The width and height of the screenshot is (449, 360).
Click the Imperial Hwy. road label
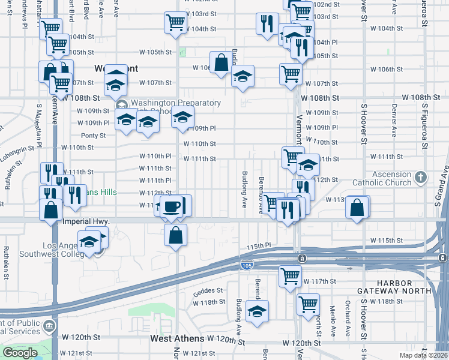[86, 221]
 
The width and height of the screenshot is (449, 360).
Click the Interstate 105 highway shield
[249, 264]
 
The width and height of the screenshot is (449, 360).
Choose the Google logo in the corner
[20, 353]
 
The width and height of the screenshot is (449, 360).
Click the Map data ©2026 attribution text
[423, 355]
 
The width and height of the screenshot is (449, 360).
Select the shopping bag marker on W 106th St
[221, 62]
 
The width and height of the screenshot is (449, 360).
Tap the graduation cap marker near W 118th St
[258, 311]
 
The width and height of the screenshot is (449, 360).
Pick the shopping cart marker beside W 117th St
[290, 277]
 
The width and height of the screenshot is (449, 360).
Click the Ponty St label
[93, 136]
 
